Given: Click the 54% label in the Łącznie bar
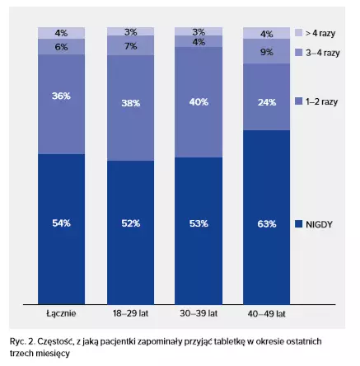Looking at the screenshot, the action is [x=61, y=223].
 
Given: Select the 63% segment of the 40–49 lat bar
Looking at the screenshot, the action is [x=266, y=217].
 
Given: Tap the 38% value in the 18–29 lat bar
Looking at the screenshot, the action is [x=131, y=103].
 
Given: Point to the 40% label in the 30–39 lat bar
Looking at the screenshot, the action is [x=199, y=102].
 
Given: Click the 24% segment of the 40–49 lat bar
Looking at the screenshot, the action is [x=266, y=96].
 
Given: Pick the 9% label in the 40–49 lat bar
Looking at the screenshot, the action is [x=267, y=52].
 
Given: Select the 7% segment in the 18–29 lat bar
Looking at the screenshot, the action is [x=131, y=45].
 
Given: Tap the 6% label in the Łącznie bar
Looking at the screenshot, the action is [x=61, y=47].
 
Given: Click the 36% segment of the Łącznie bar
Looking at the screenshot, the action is [x=61, y=104].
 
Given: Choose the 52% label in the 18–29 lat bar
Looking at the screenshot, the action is [x=131, y=223].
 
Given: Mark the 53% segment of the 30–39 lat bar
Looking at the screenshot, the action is [x=199, y=231].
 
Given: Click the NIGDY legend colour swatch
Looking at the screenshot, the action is [x=298, y=224].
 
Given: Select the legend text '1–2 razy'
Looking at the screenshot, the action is [x=321, y=101].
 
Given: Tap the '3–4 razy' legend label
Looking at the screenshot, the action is [x=323, y=53].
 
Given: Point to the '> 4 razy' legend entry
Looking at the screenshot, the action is [x=320, y=33].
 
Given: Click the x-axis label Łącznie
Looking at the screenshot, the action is [x=61, y=313].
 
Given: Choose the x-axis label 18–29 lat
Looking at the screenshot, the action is [x=130, y=313].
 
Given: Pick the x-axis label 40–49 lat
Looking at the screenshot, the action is [x=266, y=314].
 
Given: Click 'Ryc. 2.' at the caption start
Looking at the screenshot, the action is [x=22, y=341].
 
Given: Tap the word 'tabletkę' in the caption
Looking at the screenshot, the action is [x=229, y=341].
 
